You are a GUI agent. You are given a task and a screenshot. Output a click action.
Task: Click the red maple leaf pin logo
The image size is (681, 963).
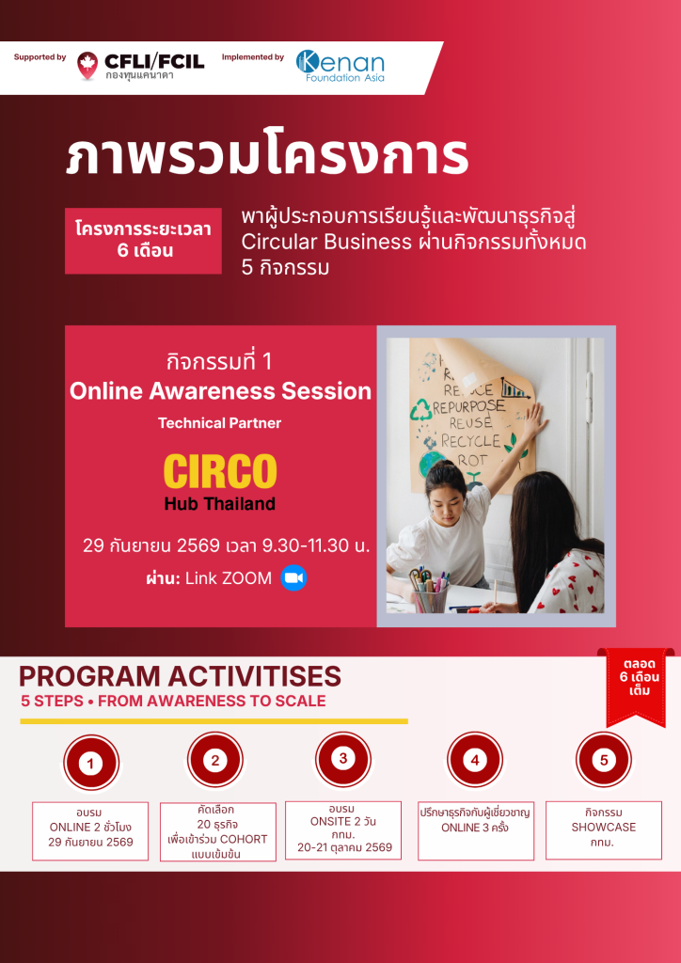click(x=87, y=65)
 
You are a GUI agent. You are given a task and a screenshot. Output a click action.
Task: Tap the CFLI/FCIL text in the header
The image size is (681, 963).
click(x=154, y=61)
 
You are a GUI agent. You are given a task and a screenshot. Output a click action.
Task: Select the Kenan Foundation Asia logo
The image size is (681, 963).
click(x=340, y=66)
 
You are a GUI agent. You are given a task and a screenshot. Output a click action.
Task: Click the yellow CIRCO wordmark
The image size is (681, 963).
click(x=220, y=472)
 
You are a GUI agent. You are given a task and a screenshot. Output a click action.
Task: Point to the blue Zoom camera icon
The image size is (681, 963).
click(x=293, y=578)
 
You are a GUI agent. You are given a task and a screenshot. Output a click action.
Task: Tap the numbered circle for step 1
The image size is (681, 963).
click(x=91, y=764)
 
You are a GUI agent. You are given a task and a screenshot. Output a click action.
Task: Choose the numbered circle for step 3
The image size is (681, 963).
click(x=343, y=759)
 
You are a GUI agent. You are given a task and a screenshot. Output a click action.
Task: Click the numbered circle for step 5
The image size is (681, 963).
click(x=604, y=760)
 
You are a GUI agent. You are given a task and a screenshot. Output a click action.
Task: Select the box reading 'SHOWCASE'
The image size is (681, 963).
click(x=604, y=829)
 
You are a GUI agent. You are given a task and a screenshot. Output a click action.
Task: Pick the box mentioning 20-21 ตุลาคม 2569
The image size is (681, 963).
click(x=343, y=829)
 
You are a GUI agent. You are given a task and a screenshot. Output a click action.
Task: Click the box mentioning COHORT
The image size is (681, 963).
click(x=218, y=831)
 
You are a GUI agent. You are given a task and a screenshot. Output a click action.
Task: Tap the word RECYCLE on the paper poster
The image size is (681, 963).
click(x=471, y=441)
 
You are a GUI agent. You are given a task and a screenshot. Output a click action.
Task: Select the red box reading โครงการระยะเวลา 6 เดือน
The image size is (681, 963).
click(x=143, y=241)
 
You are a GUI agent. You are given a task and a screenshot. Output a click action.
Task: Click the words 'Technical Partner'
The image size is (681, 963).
click(x=220, y=423)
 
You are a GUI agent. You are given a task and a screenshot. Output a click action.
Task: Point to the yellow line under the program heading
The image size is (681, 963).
click(x=214, y=721)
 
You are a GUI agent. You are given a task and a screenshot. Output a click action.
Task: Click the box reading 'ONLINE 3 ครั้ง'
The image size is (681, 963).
click(x=476, y=829)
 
